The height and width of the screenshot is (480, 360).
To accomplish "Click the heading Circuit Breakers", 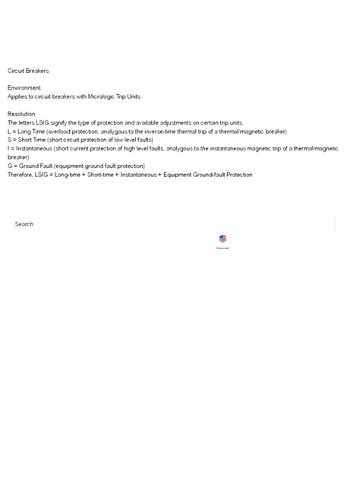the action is coord(28,71).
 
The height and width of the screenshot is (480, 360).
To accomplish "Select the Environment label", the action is coord(24,88).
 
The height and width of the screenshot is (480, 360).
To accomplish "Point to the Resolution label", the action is coord(22,114).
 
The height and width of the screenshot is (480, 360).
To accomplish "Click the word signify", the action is coord(62,122).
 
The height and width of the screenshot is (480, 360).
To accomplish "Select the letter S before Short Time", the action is coord(10,140).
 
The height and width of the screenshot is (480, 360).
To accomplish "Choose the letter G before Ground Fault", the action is coord(11,166).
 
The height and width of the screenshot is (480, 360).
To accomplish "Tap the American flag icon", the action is coord(223,238).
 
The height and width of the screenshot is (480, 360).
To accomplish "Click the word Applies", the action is coord(17,96).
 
